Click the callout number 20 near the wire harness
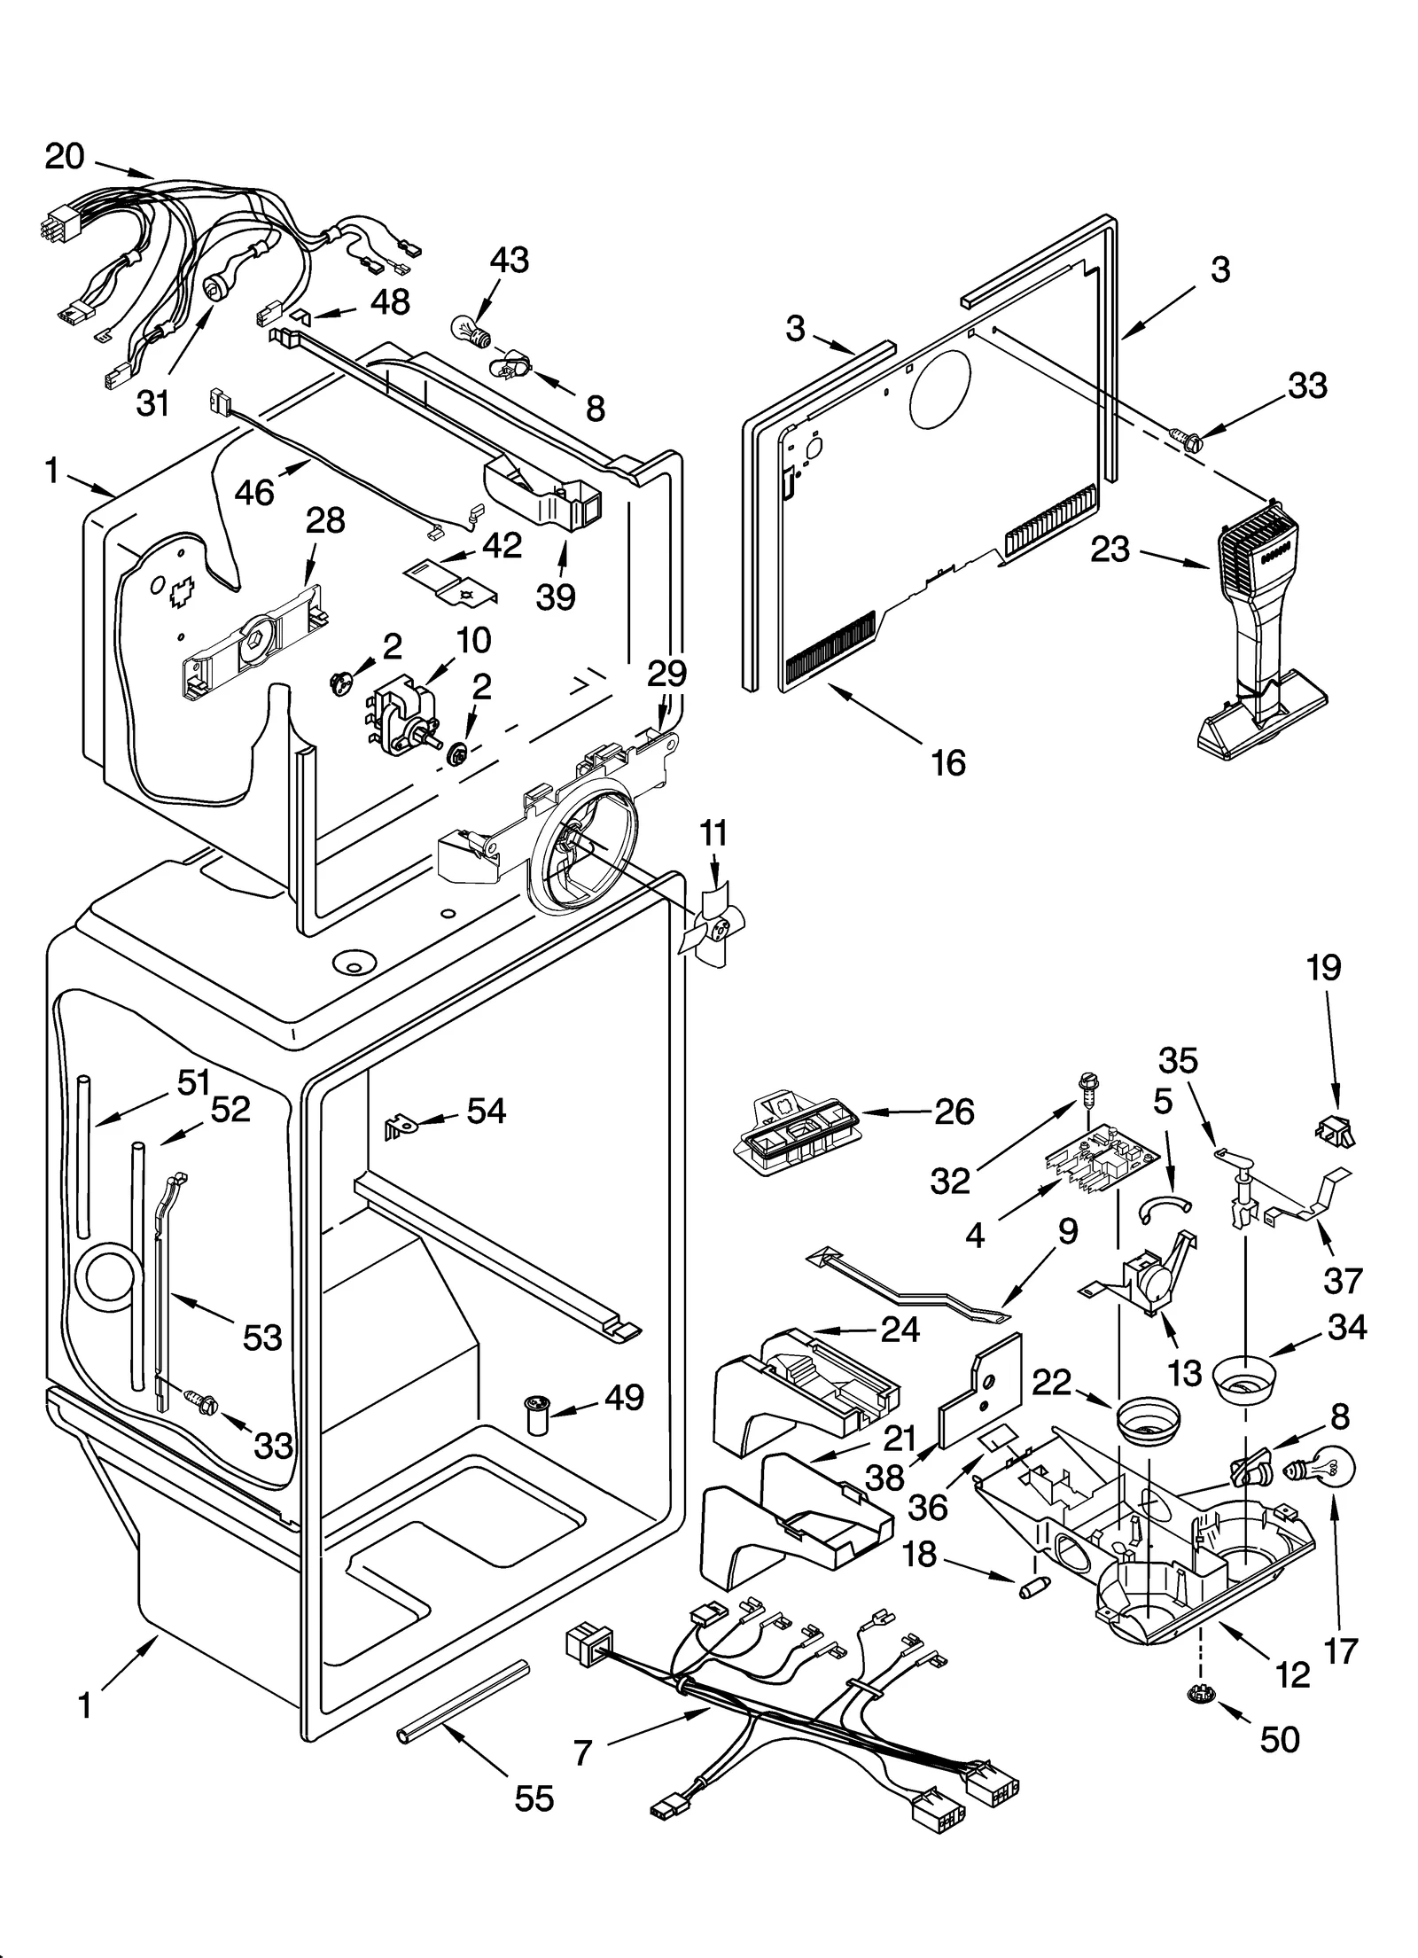[64, 157]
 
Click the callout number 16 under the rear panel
[947, 762]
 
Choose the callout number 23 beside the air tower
[1110, 549]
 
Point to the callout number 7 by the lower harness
[582, 1751]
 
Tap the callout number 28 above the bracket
[325, 520]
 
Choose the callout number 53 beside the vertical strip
[262, 1337]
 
